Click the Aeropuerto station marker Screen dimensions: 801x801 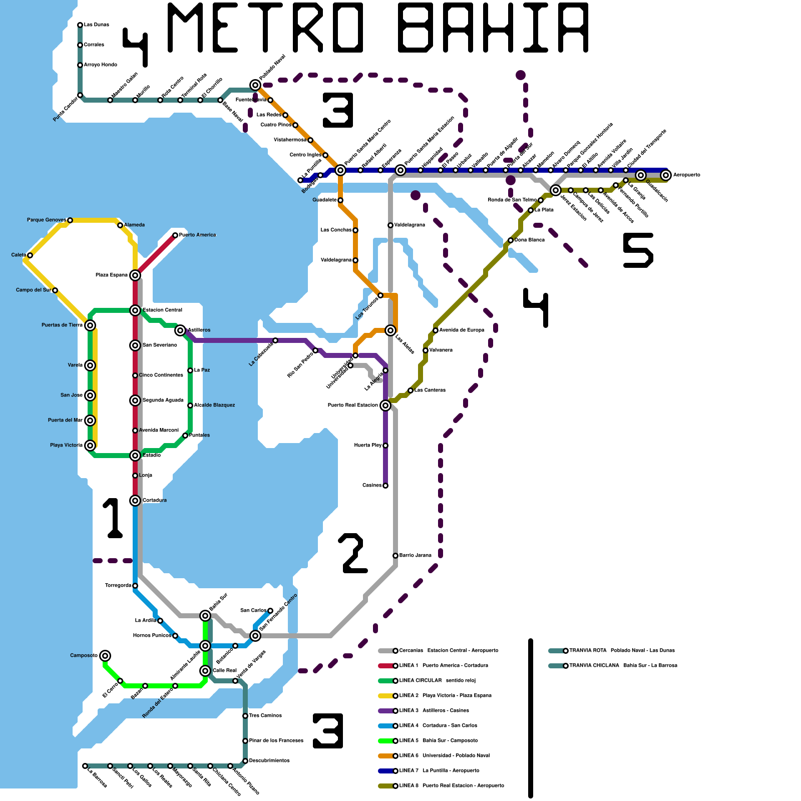click(665, 175)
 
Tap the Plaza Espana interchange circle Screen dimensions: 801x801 click(135, 275)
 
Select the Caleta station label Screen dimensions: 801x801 click(19, 255)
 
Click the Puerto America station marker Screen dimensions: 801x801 click(175, 235)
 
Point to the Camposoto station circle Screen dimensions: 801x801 click(105, 656)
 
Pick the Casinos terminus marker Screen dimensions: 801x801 click(385, 486)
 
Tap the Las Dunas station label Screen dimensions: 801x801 click(96, 25)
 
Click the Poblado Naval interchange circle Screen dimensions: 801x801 click(255, 85)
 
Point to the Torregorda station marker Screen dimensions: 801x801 click(135, 586)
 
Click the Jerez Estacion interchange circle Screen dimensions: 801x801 click(556, 190)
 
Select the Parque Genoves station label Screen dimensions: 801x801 click(46, 220)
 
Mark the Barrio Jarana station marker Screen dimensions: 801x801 click(395, 556)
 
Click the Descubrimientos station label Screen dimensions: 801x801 click(269, 761)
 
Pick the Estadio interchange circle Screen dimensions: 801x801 click(135, 456)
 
